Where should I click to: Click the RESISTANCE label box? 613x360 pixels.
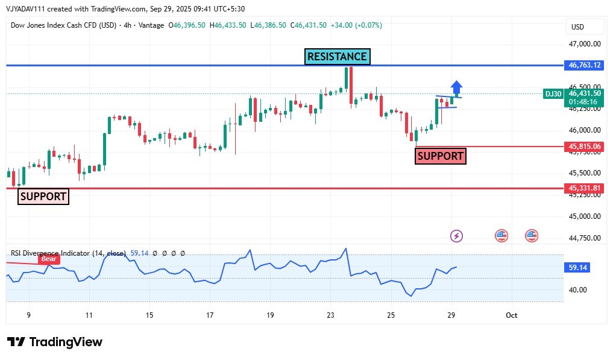337,57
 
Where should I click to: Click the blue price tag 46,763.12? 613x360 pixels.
584,65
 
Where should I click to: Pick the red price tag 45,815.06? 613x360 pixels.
584,147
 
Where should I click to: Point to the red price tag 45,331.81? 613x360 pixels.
584,188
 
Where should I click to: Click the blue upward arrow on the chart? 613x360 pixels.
456,89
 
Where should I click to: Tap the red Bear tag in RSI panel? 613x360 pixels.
49,259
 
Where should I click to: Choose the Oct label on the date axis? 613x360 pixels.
511,315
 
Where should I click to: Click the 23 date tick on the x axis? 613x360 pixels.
330,315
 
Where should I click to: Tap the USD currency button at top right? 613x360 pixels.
577,27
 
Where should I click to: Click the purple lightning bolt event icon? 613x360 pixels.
457,236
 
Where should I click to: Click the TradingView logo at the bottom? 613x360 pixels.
55,342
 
